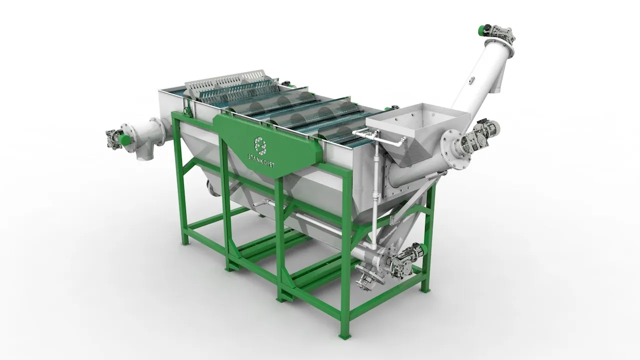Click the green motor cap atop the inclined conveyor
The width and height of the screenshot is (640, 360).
pyautogui.click(x=483, y=30)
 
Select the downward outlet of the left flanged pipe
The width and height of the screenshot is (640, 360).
pyautogui.click(x=145, y=153)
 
